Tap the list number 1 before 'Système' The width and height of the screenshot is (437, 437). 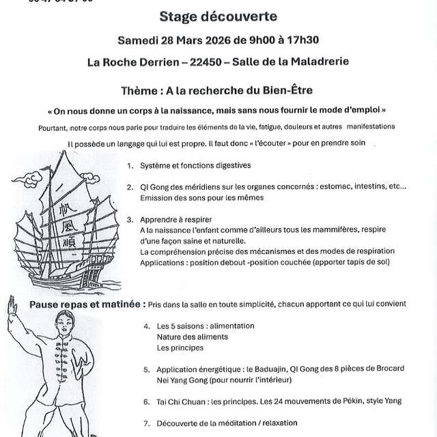[x=130, y=165]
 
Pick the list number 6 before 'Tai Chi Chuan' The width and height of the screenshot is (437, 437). [x=147, y=402]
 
